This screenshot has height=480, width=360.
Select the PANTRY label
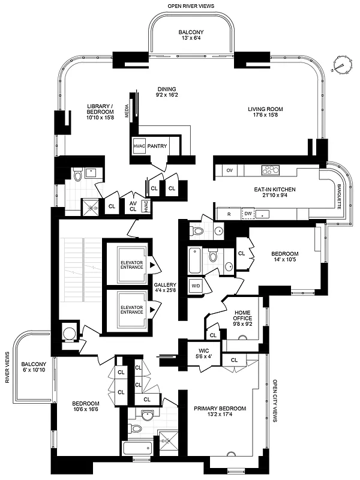(157, 145)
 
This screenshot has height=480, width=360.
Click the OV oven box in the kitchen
(229, 170)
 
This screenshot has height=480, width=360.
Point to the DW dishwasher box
(248, 213)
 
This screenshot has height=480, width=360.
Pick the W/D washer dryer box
(196, 286)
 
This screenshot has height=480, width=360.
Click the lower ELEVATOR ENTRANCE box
(131, 310)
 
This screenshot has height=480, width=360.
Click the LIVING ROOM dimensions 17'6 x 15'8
(265, 116)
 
